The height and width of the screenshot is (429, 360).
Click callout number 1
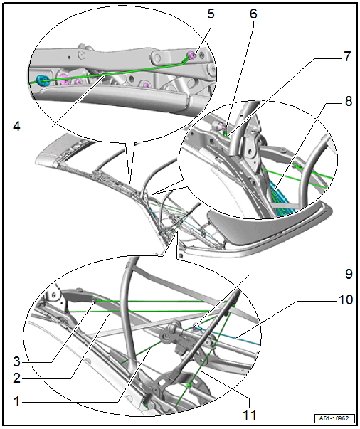click(x=17, y=402)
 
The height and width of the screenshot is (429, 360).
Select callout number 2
click(x=16, y=378)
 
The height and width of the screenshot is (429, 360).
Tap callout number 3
click(x=16, y=361)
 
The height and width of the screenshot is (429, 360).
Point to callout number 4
click(x=16, y=126)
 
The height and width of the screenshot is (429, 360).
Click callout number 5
click(x=211, y=14)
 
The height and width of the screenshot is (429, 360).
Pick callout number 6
click(x=253, y=14)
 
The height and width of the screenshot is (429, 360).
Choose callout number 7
click(x=347, y=56)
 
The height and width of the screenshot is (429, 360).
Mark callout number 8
click(x=348, y=101)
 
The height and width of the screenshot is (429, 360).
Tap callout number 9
click(x=348, y=274)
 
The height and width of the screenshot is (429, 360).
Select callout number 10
click(x=346, y=300)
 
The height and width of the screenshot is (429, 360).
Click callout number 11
click(x=250, y=415)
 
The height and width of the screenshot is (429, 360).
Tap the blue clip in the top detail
click(x=43, y=80)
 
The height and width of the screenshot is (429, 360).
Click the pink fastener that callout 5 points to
click(x=191, y=55)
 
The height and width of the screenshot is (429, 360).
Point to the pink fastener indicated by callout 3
click(x=95, y=301)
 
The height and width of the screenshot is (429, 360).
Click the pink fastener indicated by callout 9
click(x=194, y=327)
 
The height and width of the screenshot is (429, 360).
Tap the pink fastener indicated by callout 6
click(x=224, y=128)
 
